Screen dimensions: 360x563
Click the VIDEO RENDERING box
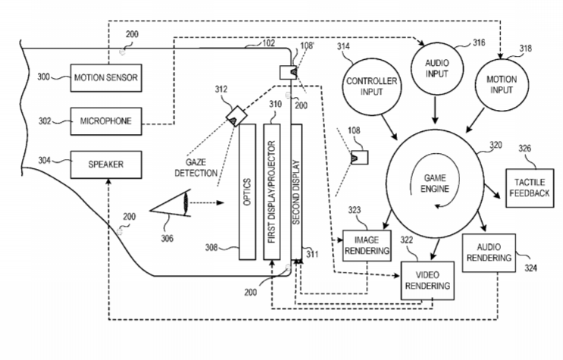tap(426, 279)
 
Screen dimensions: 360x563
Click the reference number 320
tap(495, 144)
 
